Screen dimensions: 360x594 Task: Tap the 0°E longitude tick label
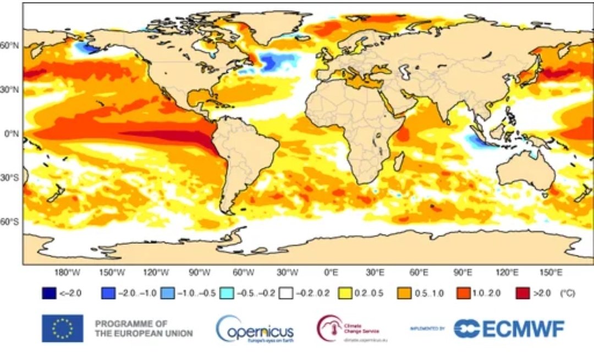click(x=331, y=272)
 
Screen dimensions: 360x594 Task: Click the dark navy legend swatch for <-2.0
click(x=49, y=293)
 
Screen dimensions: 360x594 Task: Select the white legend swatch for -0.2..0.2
click(x=285, y=293)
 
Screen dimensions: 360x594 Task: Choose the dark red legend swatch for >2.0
click(x=522, y=293)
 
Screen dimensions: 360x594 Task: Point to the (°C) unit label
click(x=567, y=293)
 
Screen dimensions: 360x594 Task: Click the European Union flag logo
click(x=62, y=329)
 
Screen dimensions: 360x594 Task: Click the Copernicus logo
click(x=255, y=329)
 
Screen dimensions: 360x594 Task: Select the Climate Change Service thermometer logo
click(x=328, y=329)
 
